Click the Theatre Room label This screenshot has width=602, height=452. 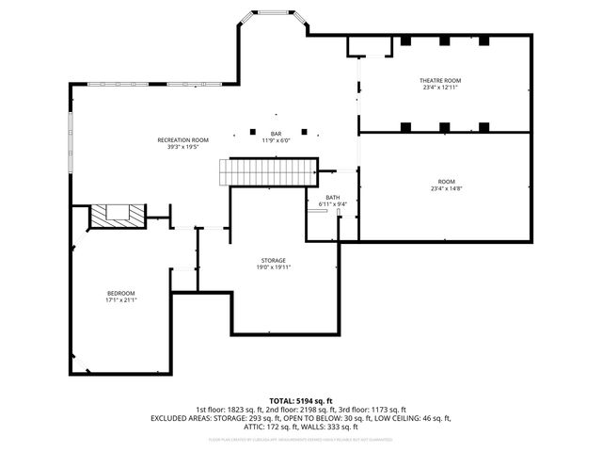[x=439, y=81]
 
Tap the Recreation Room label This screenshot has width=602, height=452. [x=182, y=139]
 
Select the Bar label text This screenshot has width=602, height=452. [x=277, y=134]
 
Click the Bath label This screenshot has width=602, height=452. [x=333, y=197]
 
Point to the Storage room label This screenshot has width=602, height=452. [x=274, y=260]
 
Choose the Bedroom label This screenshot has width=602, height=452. [x=120, y=293]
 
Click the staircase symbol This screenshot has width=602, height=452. [x=269, y=172]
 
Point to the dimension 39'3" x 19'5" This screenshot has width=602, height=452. [x=182, y=147]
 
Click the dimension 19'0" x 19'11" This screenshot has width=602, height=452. [x=274, y=267]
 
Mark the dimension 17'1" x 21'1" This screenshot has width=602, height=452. [x=120, y=300]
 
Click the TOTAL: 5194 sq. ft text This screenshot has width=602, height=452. [x=301, y=401]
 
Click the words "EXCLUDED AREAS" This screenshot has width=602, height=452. [x=182, y=418]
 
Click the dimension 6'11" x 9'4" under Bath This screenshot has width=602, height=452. [x=333, y=204]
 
